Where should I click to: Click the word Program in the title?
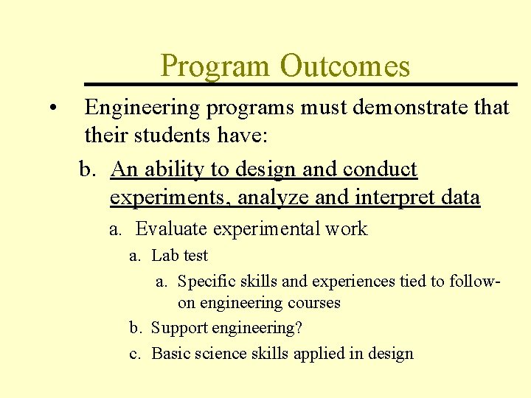(x=215, y=67)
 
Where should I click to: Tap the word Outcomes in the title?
(x=344, y=67)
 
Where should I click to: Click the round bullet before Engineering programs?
(x=54, y=108)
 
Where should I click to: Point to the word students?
(x=162, y=136)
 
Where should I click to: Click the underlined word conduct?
(x=380, y=170)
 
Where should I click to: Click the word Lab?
(x=164, y=256)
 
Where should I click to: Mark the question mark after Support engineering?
(x=298, y=328)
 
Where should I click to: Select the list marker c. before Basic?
(x=135, y=354)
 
